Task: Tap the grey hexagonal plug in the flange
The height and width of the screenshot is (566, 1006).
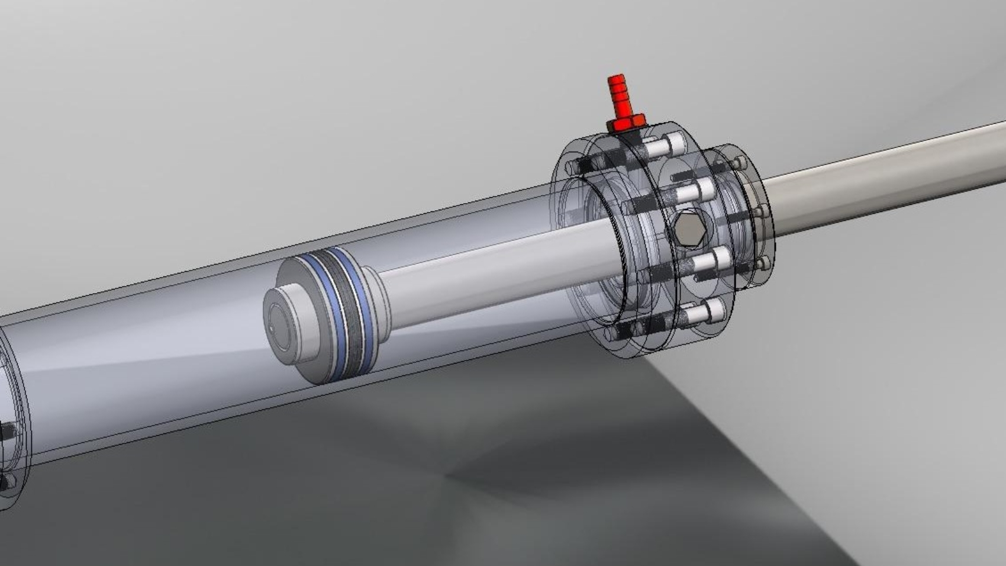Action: tap(689, 228)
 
